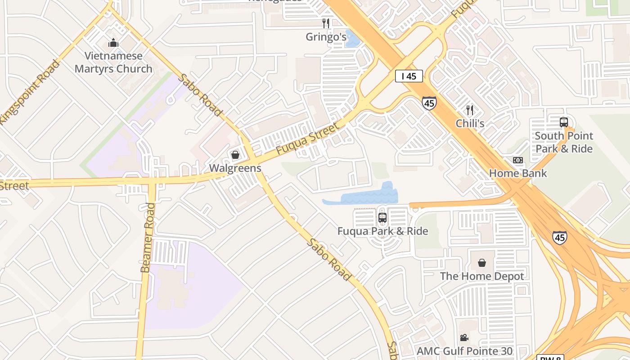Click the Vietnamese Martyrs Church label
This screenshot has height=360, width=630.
click(x=113, y=63)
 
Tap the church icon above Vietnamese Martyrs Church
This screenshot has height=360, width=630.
click(x=113, y=43)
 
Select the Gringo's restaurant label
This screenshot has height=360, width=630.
click(x=326, y=37)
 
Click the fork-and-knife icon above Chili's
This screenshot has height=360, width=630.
click(x=470, y=110)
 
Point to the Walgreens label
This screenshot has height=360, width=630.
click(x=235, y=168)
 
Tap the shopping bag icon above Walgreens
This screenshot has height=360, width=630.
click(x=235, y=155)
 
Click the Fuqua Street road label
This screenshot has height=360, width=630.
click(x=307, y=139)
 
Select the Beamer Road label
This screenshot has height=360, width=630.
click(x=148, y=238)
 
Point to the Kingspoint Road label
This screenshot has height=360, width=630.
click(x=29, y=93)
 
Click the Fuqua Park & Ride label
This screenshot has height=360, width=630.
click(x=382, y=231)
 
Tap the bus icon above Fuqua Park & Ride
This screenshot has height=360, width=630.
click(x=382, y=218)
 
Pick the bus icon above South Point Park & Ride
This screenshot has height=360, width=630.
click(x=564, y=122)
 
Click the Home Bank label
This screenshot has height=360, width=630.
click(x=518, y=173)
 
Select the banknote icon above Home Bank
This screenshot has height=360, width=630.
click(x=518, y=160)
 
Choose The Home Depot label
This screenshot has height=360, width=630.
click(x=482, y=276)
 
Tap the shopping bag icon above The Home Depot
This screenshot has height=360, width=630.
click(x=482, y=263)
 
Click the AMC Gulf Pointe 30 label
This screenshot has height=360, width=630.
click(x=464, y=351)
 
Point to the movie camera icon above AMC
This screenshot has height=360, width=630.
click(x=464, y=337)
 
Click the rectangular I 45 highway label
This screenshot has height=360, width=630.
click(x=409, y=76)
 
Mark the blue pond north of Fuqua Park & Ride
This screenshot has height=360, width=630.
click(x=364, y=196)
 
